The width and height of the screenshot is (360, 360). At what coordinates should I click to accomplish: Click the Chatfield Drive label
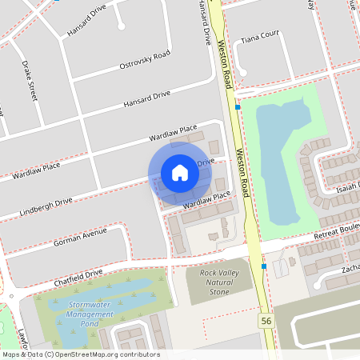(x=78, y=278)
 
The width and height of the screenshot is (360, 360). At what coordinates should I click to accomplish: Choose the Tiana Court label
(x=258, y=36)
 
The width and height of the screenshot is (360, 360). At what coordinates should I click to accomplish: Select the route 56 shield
(x=266, y=321)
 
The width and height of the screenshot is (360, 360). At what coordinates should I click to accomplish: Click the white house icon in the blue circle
(x=180, y=173)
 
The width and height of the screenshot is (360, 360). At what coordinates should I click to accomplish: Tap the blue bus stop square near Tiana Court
(x=238, y=106)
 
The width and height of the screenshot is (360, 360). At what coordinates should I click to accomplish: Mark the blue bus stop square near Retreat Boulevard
(x=263, y=266)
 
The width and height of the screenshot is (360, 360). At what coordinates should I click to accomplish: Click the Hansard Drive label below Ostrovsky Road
(x=147, y=100)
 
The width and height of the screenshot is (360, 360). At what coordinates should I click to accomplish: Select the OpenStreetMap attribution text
(x=80, y=354)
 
